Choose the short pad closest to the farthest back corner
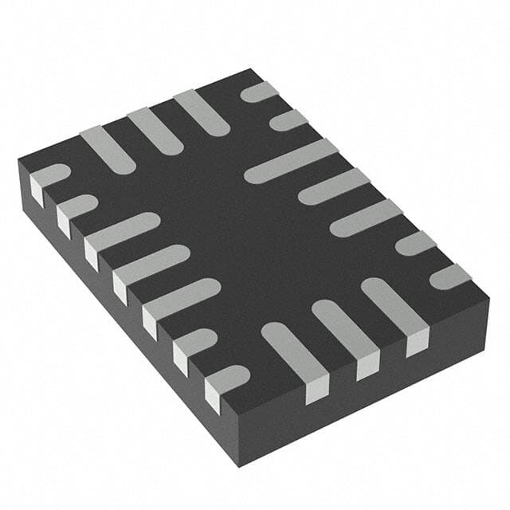tap(260, 91)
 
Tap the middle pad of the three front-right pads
tap(343, 327)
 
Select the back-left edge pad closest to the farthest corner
tap(201, 112)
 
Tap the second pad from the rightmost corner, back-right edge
tap(414, 242)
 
